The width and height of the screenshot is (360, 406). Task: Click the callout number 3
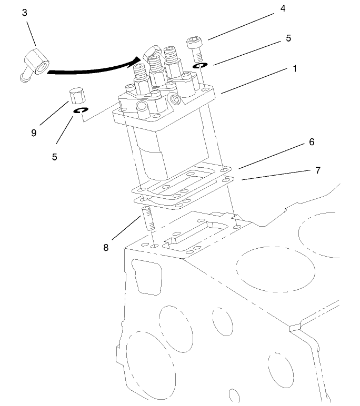(25, 13)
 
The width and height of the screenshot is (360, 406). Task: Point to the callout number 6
(312, 142)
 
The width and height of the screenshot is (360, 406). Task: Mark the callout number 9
(34, 133)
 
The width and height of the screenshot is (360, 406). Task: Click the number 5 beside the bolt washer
(288, 38)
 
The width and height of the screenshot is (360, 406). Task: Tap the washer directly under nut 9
(81, 111)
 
